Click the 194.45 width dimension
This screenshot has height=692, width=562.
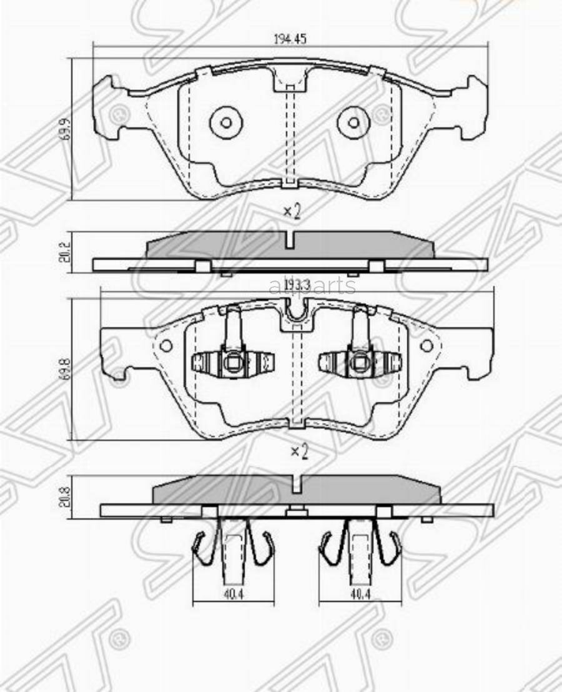point(290,38)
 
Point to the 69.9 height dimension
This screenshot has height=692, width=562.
point(65,129)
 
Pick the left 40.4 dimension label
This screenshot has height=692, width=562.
point(233,595)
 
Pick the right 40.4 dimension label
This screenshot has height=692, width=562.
point(358,595)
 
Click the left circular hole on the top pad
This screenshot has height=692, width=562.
point(225,122)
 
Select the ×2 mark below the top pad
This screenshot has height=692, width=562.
point(292,212)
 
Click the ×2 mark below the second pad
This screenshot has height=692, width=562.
point(298,451)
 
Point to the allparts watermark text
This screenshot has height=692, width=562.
point(312,287)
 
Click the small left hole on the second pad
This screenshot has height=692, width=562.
point(166,345)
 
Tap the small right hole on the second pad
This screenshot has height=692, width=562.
point(426,345)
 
